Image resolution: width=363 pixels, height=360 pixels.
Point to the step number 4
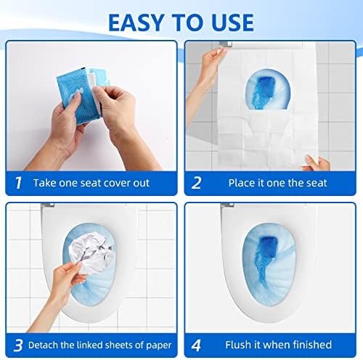point(196,343)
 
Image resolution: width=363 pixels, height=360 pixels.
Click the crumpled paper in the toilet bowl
point(90,258)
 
